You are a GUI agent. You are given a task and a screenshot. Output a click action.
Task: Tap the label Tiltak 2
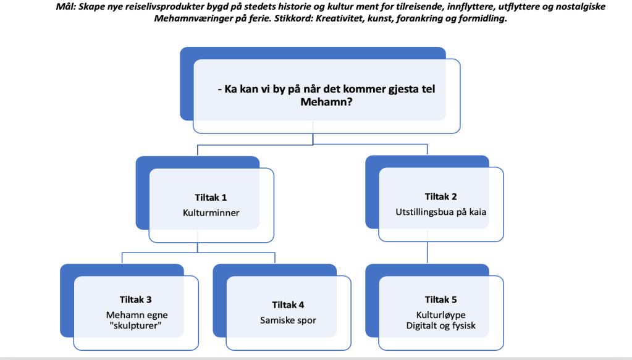(441, 197)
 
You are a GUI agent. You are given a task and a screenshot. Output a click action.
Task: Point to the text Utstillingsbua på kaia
(441, 212)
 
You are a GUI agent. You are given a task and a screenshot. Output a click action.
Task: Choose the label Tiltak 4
(288, 305)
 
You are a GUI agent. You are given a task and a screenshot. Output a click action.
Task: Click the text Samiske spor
(288, 320)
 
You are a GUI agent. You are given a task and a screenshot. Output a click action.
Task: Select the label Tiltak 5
(441, 300)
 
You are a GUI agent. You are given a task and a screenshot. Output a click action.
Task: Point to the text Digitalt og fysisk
(441, 325)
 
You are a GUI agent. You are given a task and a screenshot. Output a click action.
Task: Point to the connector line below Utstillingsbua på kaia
(428, 253)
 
